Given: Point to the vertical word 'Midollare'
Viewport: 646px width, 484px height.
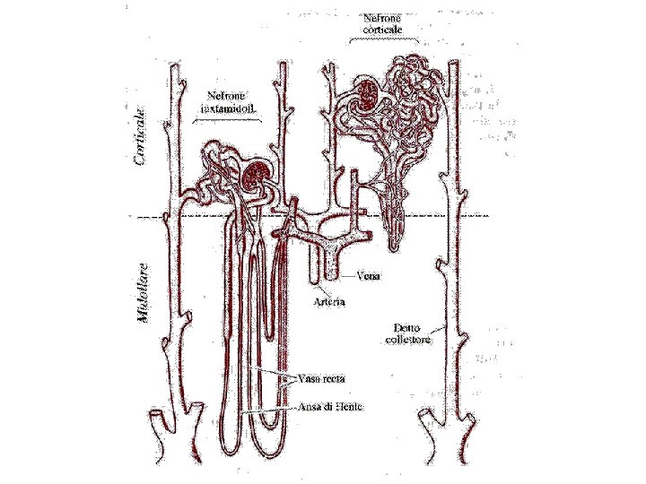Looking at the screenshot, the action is tap(142, 293).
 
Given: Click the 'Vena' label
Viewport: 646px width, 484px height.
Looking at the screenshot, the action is tap(367, 276).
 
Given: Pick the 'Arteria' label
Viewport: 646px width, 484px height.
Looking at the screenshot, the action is tap(327, 301).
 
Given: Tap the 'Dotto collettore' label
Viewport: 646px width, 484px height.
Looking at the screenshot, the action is tap(412, 333).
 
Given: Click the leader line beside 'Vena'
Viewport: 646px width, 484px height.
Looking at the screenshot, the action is tap(346, 276).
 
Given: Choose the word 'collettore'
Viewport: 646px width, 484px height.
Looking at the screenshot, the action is tap(412, 341).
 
